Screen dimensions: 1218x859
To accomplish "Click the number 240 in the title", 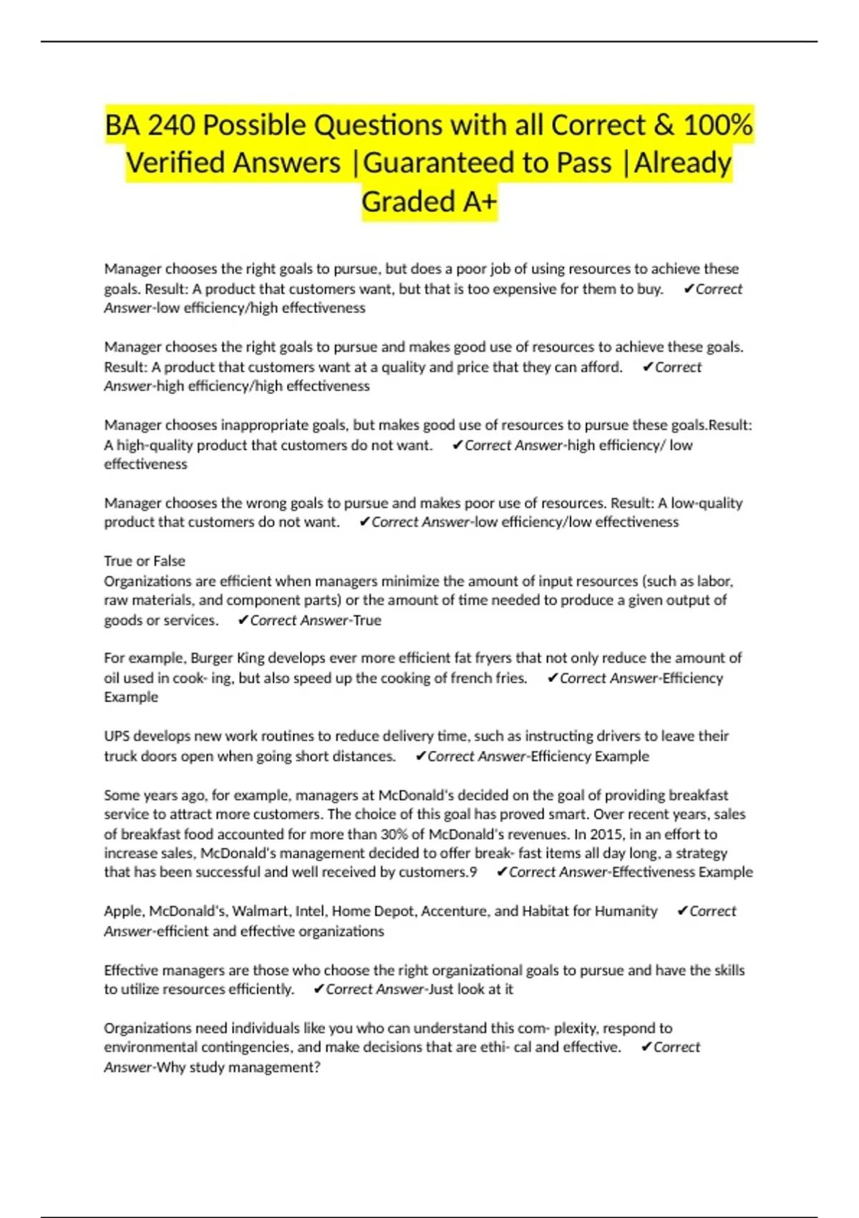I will (171, 125).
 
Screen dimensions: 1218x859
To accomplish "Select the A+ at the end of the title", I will (479, 202).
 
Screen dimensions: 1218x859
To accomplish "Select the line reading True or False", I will (145, 561).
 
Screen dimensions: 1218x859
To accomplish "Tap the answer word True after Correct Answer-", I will (367, 620).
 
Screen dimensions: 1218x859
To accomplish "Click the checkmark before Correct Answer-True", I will (243, 620).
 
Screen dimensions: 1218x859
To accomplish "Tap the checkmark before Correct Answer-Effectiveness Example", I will (502, 872).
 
